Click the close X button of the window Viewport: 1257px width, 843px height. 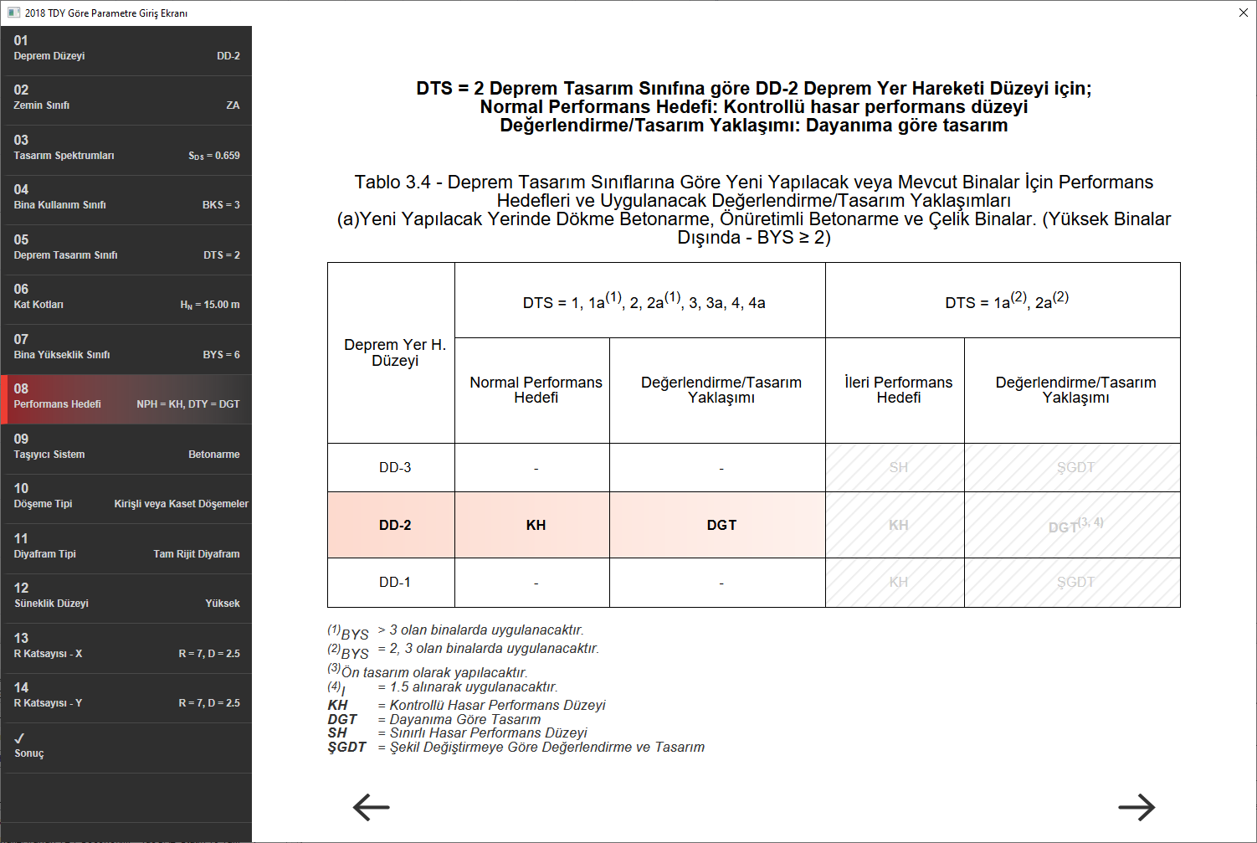[1243, 13]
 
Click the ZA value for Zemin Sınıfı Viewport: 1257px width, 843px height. [233, 105]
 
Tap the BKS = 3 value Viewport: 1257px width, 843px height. [221, 205]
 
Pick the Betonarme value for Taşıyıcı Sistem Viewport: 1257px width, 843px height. [214, 455]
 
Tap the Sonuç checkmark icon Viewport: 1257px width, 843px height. [19, 738]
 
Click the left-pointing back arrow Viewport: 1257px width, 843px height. [371, 807]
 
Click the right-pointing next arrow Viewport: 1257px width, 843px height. [1136, 807]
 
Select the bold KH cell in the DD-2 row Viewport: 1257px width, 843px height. [536, 525]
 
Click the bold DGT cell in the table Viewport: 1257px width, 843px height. [721, 525]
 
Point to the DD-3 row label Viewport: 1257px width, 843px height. [395, 467]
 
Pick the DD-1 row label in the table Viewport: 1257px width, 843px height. [395, 582]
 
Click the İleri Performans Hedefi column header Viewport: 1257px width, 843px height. [898, 390]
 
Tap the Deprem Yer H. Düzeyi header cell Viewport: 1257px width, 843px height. [395, 352]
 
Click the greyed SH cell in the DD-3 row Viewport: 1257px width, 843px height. [898, 467]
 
